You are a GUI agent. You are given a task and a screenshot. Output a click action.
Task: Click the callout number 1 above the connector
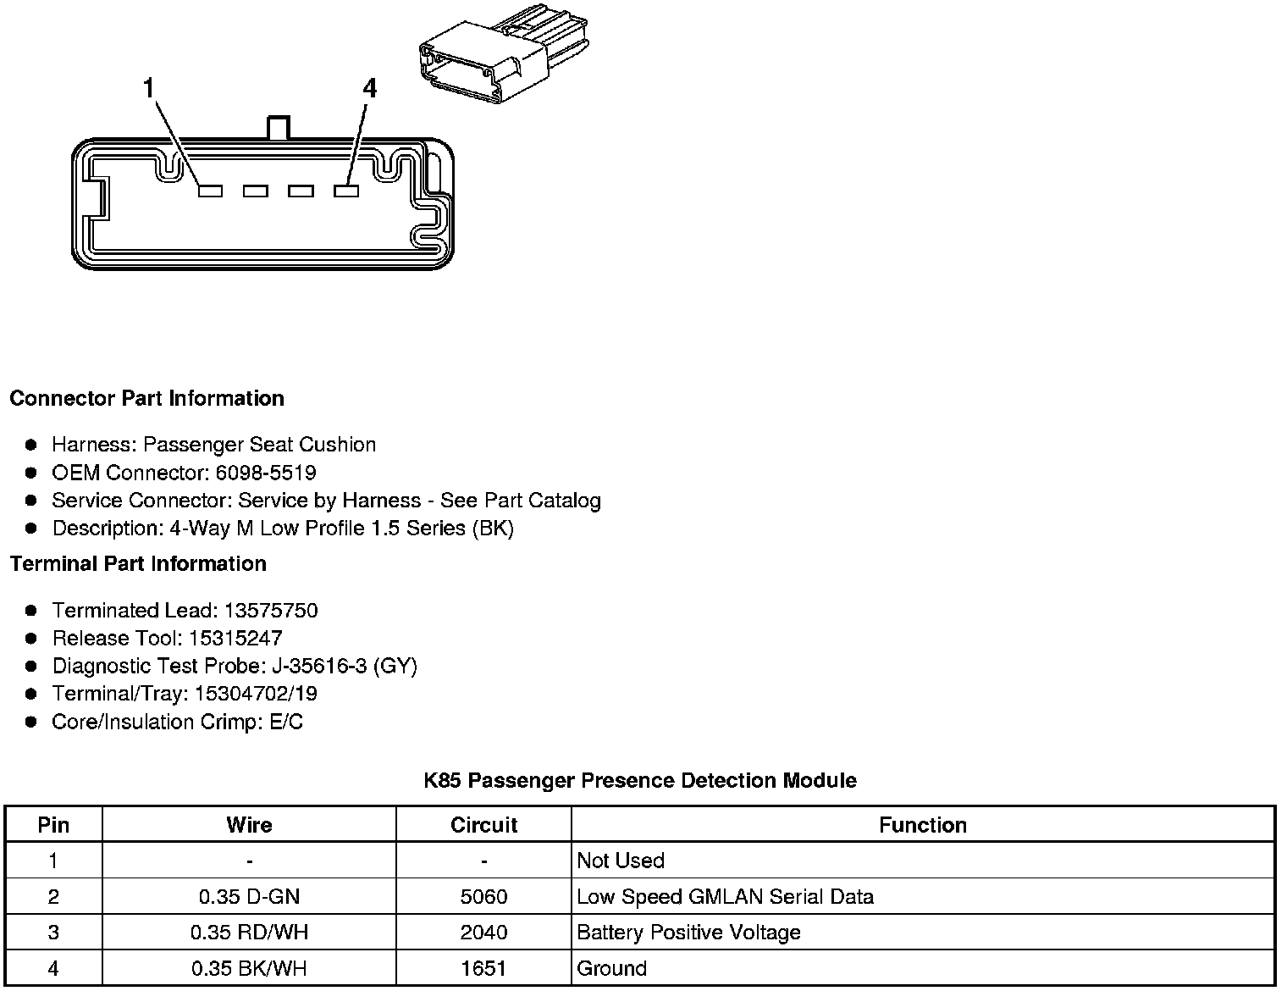coord(149,88)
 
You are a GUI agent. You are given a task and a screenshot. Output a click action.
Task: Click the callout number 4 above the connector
coord(369,88)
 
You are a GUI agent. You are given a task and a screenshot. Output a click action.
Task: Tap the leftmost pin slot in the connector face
coord(210,191)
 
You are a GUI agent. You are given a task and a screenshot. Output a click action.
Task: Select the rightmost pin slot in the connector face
coord(346,191)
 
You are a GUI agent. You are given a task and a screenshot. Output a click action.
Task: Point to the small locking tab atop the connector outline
coord(279,128)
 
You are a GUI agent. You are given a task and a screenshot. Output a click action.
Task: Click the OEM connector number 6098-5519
coord(266,473)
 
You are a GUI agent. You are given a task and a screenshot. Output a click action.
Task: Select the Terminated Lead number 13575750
coord(271,611)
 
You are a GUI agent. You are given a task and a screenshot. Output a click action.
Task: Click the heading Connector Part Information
coord(147,398)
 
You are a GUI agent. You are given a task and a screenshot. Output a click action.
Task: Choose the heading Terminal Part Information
coord(139,563)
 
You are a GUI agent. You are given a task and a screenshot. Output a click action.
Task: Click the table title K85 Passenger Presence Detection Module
coord(640,780)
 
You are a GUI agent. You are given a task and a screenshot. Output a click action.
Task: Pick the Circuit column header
coord(483,825)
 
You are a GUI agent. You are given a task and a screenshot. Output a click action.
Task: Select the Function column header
coord(923,825)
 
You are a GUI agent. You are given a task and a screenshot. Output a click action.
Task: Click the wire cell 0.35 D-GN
coord(249,897)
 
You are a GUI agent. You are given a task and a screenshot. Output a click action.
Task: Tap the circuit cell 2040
coord(483,933)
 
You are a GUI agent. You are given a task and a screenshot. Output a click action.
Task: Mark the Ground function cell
coord(612,968)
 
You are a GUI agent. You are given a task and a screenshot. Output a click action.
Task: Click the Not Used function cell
coord(621,861)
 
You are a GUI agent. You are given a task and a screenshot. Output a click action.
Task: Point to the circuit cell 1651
coord(483,968)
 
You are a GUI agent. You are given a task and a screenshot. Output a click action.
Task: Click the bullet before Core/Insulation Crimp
coord(31,722)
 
